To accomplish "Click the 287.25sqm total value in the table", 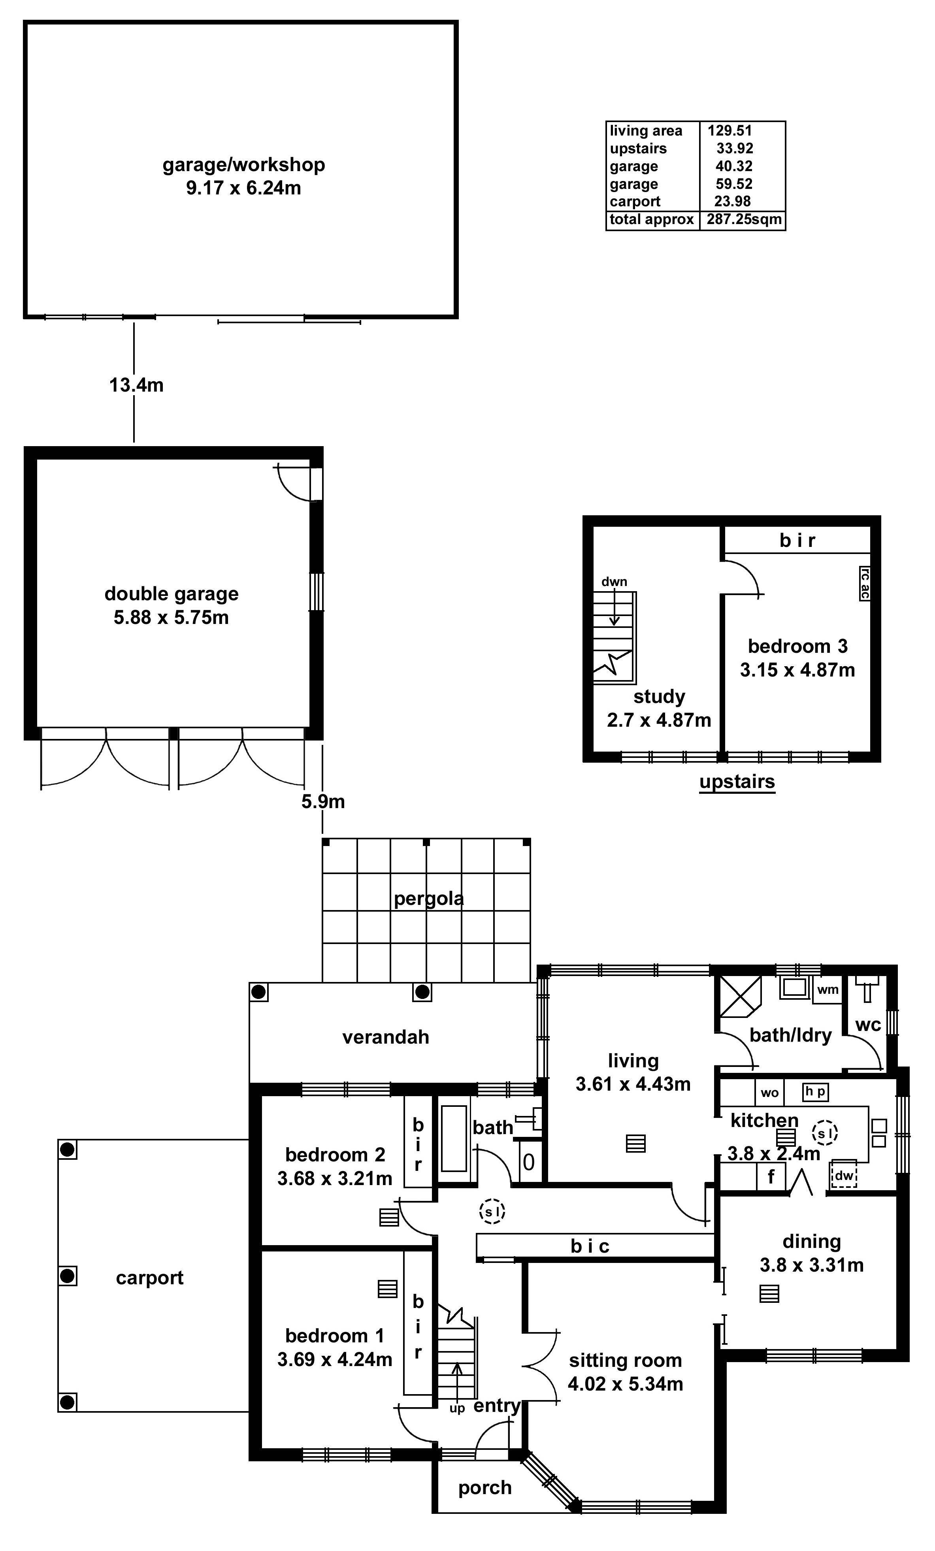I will tap(744, 219).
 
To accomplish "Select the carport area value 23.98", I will tap(731, 202).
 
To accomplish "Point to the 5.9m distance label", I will tap(322, 801).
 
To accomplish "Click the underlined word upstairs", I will tap(737, 781).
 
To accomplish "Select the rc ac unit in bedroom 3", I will tap(865, 583).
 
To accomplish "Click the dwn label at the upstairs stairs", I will tap(614, 582).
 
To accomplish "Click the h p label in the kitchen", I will tap(815, 1091).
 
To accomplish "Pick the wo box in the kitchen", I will tap(769, 1093).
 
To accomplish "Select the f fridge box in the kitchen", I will tap(771, 1176).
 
